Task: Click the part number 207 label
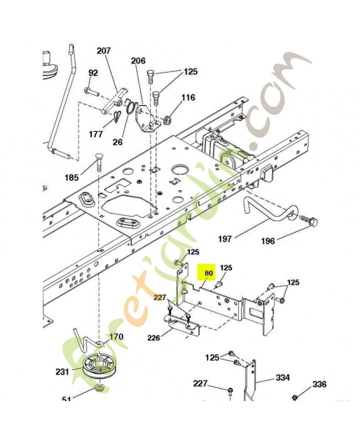click(104, 51)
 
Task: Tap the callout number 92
click(93, 72)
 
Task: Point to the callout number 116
click(188, 98)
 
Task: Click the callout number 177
click(96, 134)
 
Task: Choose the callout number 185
click(72, 178)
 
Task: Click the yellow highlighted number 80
click(208, 272)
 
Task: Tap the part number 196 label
click(268, 241)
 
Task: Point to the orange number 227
click(160, 298)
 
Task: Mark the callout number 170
click(117, 335)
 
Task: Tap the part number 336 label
click(320, 385)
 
